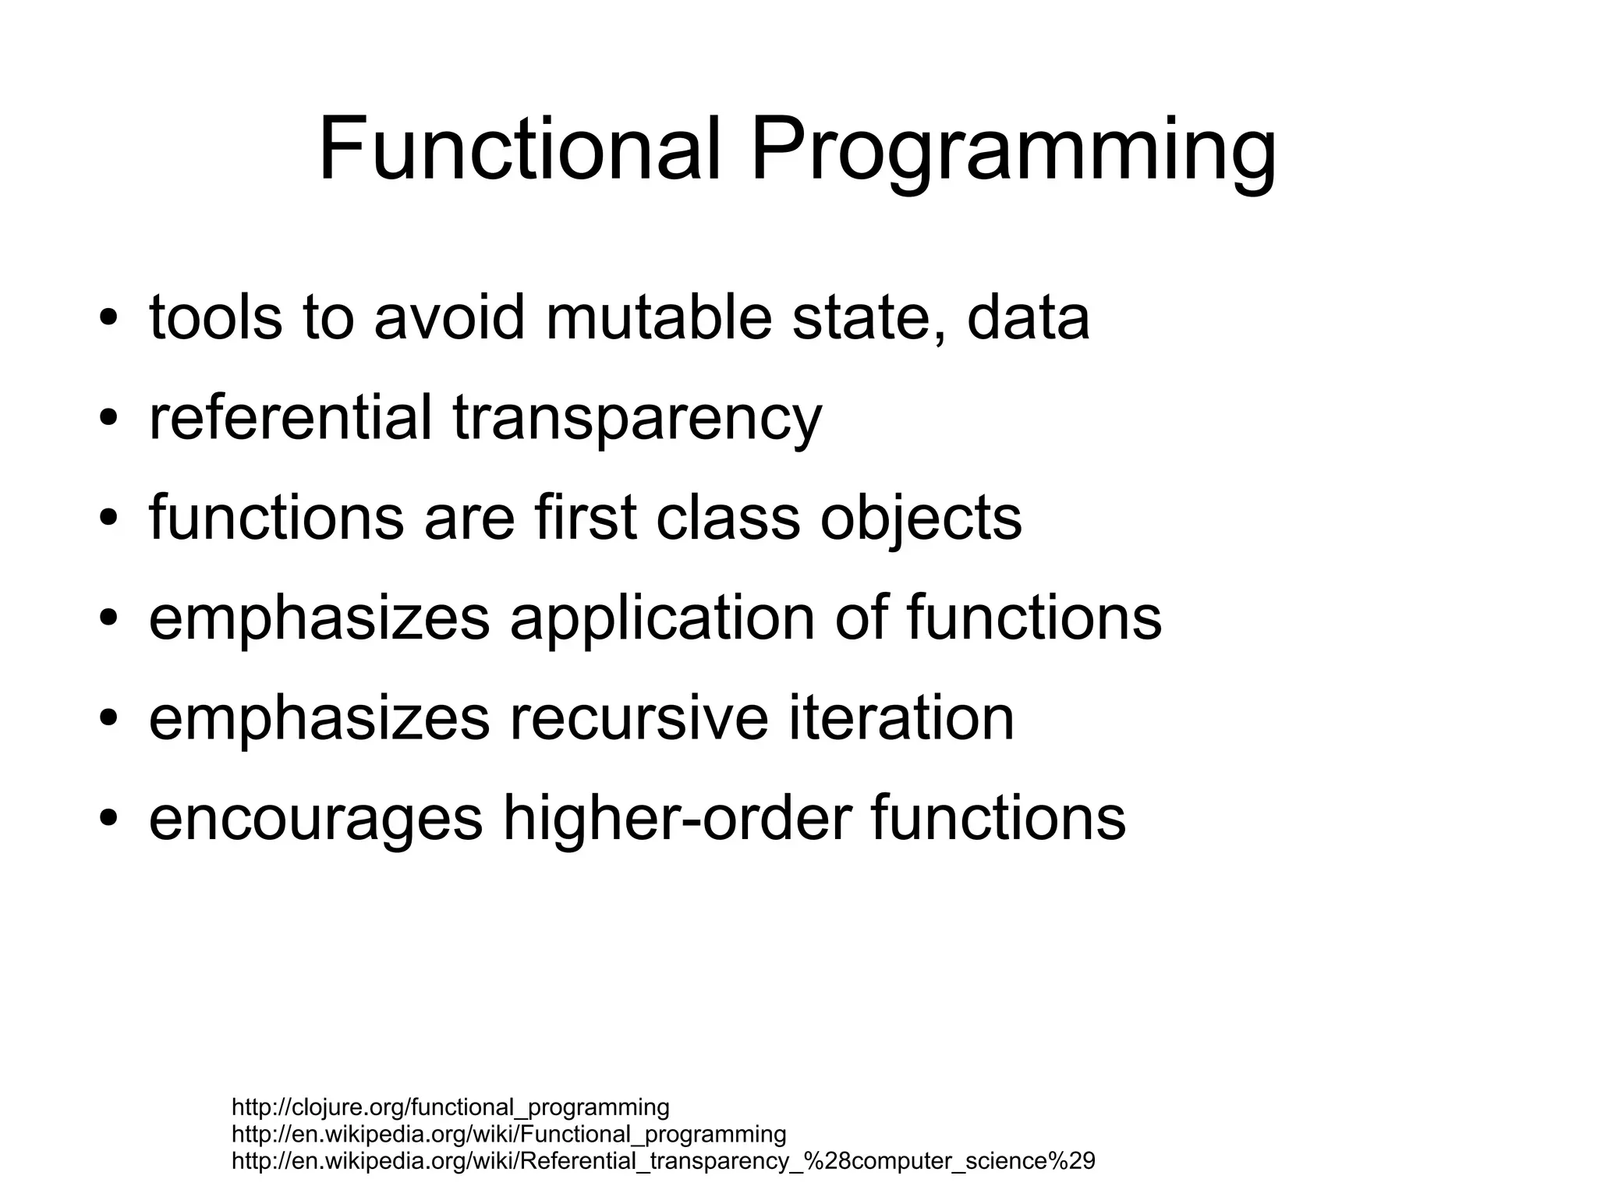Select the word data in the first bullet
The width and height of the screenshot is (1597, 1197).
1028,317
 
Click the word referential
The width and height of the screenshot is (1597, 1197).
290,417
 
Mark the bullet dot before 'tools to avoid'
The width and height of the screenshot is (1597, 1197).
108,319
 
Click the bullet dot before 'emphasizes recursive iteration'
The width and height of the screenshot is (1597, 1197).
108,718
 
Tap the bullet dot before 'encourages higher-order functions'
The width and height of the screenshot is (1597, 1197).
108,818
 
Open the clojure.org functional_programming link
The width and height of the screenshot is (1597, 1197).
450,1107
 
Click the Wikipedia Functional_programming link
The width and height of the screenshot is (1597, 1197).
508,1134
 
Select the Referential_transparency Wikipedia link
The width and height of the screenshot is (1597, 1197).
663,1161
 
